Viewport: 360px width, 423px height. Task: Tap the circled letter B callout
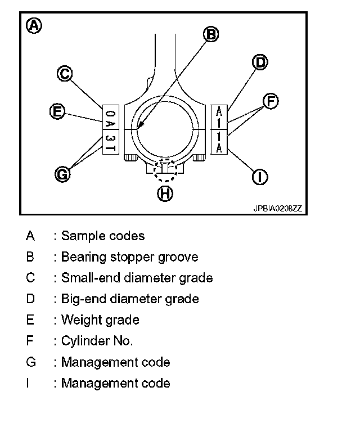pyautogui.click(x=211, y=35)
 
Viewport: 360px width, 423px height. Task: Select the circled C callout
pyautogui.click(x=65, y=73)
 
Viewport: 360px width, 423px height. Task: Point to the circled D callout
pyautogui.click(x=259, y=62)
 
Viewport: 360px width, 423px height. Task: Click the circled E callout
pyautogui.click(x=56, y=111)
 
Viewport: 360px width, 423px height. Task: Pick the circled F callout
pyautogui.click(x=271, y=101)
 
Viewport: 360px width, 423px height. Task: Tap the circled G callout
pyautogui.click(x=63, y=174)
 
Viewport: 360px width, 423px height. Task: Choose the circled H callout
pyautogui.click(x=164, y=193)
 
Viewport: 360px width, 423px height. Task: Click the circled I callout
pyautogui.click(x=259, y=177)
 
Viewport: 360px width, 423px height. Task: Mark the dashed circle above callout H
pyautogui.click(x=164, y=169)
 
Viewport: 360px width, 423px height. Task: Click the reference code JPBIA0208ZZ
pyautogui.click(x=277, y=208)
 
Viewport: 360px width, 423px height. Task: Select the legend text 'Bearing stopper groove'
pyautogui.click(x=129, y=257)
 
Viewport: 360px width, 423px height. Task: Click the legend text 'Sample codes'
pyautogui.click(x=103, y=236)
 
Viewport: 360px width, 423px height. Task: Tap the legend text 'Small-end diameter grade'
pyautogui.click(x=137, y=278)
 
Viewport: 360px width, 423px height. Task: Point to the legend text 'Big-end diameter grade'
pyautogui.click(x=130, y=299)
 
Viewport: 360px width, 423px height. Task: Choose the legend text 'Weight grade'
pyautogui.click(x=100, y=320)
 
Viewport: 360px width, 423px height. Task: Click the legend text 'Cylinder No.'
pyautogui.click(x=97, y=341)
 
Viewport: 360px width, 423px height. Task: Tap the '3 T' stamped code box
pyautogui.click(x=110, y=142)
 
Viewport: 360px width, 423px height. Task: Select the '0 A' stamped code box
pyautogui.click(x=110, y=116)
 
